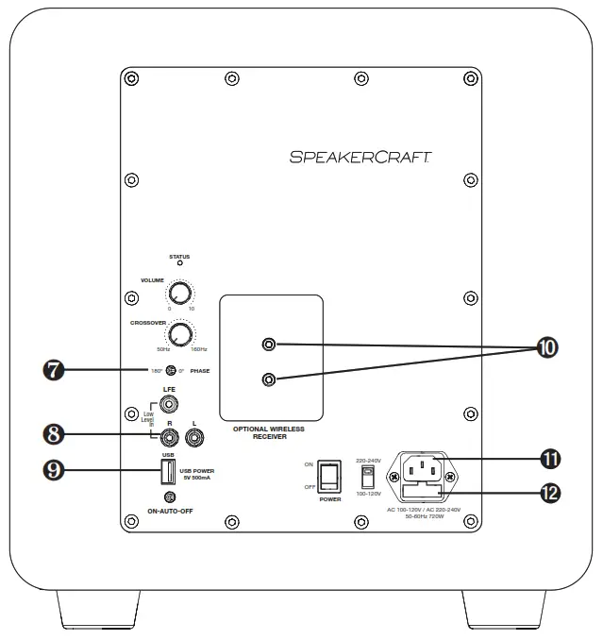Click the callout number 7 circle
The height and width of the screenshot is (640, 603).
click(56, 370)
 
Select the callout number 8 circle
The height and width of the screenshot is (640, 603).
click(56, 434)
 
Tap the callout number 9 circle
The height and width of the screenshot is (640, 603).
click(56, 470)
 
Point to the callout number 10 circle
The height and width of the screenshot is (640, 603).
click(545, 347)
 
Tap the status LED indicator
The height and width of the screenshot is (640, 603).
click(179, 265)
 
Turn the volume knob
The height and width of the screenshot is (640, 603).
click(179, 293)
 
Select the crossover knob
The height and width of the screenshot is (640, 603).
click(179, 332)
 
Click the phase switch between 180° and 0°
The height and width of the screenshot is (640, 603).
click(171, 371)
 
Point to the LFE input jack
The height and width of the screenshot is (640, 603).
click(171, 405)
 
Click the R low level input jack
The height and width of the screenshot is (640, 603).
click(171, 436)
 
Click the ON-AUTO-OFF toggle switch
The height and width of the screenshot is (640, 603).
click(171, 497)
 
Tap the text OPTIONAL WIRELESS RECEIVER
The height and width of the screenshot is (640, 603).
click(269, 432)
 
